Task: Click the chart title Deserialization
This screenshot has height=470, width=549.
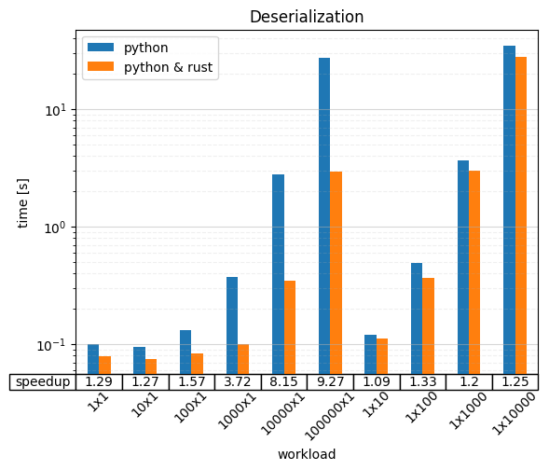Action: tap(307, 17)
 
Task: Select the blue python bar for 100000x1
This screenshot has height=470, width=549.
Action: tap(324, 215)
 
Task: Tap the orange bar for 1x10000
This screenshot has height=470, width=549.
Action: tap(521, 215)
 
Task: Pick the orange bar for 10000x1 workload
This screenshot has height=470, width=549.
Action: tap(290, 327)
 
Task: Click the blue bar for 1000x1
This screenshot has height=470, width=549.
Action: tap(232, 325)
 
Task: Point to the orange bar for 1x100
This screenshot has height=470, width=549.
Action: tap(428, 325)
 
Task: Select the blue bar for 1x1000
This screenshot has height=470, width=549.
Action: tap(463, 268)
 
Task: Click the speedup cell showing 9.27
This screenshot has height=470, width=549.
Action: tap(330, 381)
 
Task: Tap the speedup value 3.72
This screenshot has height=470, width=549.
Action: tap(238, 381)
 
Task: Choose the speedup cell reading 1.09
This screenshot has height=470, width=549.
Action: tap(377, 381)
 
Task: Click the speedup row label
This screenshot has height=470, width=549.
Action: tap(43, 381)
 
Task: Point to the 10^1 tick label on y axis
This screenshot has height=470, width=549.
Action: tap(56, 110)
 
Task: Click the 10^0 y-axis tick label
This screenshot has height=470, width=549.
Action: tap(56, 228)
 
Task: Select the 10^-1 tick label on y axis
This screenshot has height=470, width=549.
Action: tap(51, 345)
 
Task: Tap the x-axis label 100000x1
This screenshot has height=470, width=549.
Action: tap(329, 417)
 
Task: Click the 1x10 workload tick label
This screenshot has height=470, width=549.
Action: tap(376, 405)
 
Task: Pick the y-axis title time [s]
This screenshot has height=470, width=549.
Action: tap(22, 203)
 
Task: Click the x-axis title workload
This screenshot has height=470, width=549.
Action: tap(307, 454)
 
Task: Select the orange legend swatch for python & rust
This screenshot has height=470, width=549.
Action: tap(101, 66)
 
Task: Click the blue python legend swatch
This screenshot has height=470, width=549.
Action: tap(101, 47)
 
